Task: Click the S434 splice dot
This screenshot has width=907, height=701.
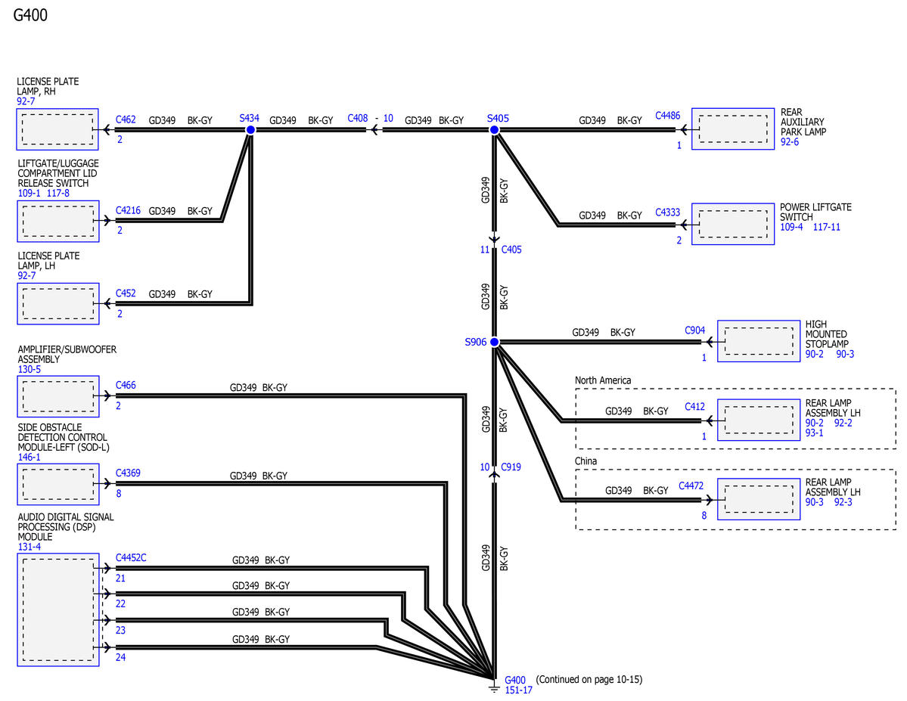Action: click(x=250, y=130)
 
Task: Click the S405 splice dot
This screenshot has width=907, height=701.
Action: click(x=495, y=130)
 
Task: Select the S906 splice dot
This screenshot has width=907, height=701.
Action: click(x=495, y=342)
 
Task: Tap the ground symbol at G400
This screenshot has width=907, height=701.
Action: click(x=494, y=687)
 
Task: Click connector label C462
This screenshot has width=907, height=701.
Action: click(x=126, y=119)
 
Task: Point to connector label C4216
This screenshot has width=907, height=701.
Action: click(x=128, y=210)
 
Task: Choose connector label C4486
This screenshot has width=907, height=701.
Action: click(x=667, y=115)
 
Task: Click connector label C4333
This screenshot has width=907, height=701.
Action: click(x=667, y=212)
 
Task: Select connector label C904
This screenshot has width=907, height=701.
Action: click(x=694, y=330)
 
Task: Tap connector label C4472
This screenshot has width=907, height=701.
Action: click(x=691, y=485)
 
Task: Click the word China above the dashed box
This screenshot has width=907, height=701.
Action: click(x=586, y=461)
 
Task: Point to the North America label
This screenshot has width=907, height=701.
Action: click(x=603, y=380)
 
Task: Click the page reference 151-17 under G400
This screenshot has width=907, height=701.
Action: click(x=518, y=690)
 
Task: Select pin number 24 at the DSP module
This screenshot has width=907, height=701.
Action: click(x=120, y=657)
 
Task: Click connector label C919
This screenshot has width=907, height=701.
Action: click(x=511, y=467)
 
